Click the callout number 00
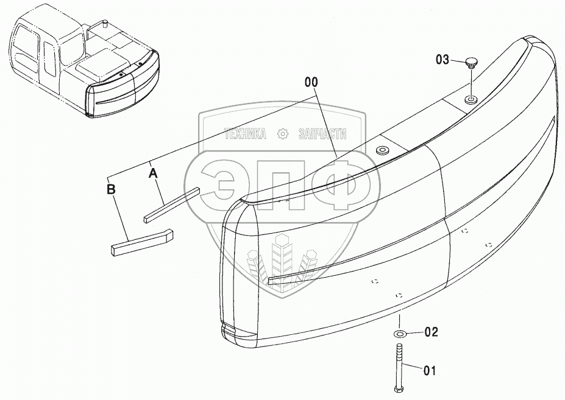(x=311, y=82)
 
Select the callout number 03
(x=442, y=60)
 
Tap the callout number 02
(x=431, y=332)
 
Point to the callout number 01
(x=429, y=371)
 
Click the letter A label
(x=153, y=173)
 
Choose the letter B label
(x=111, y=189)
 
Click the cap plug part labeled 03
(x=471, y=63)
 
